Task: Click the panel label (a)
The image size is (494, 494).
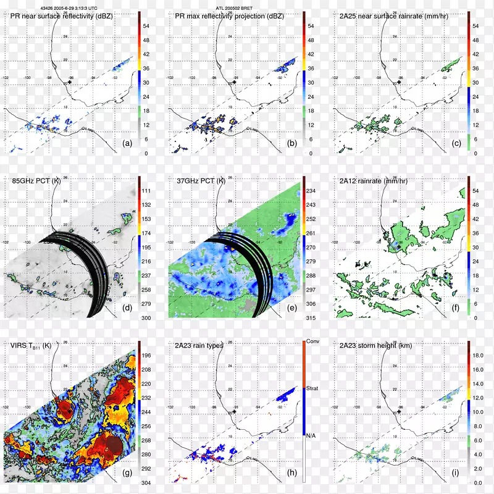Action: pyautogui.click(x=128, y=143)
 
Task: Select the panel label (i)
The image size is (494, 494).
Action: pyautogui.click(x=456, y=474)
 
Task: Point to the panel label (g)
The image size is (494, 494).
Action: pyautogui.click(x=128, y=474)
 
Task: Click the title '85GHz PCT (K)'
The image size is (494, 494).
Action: pyautogui.click(x=35, y=182)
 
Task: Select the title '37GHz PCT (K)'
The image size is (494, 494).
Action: pyautogui.click(x=199, y=182)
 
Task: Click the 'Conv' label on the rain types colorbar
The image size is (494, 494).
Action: pyautogui.click(x=313, y=341)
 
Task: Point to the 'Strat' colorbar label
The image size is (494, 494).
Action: pyautogui.click(x=313, y=388)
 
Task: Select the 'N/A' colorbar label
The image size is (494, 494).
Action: pyautogui.click(x=312, y=435)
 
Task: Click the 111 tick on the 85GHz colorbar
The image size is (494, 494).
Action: pyautogui.click(x=147, y=192)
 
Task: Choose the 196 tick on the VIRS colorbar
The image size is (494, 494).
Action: pyautogui.click(x=147, y=355)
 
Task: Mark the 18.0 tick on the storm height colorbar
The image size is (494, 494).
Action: pyautogui.click(x=476, y=356)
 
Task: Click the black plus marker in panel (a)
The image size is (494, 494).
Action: pyautogui.click(x=70, y=82)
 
